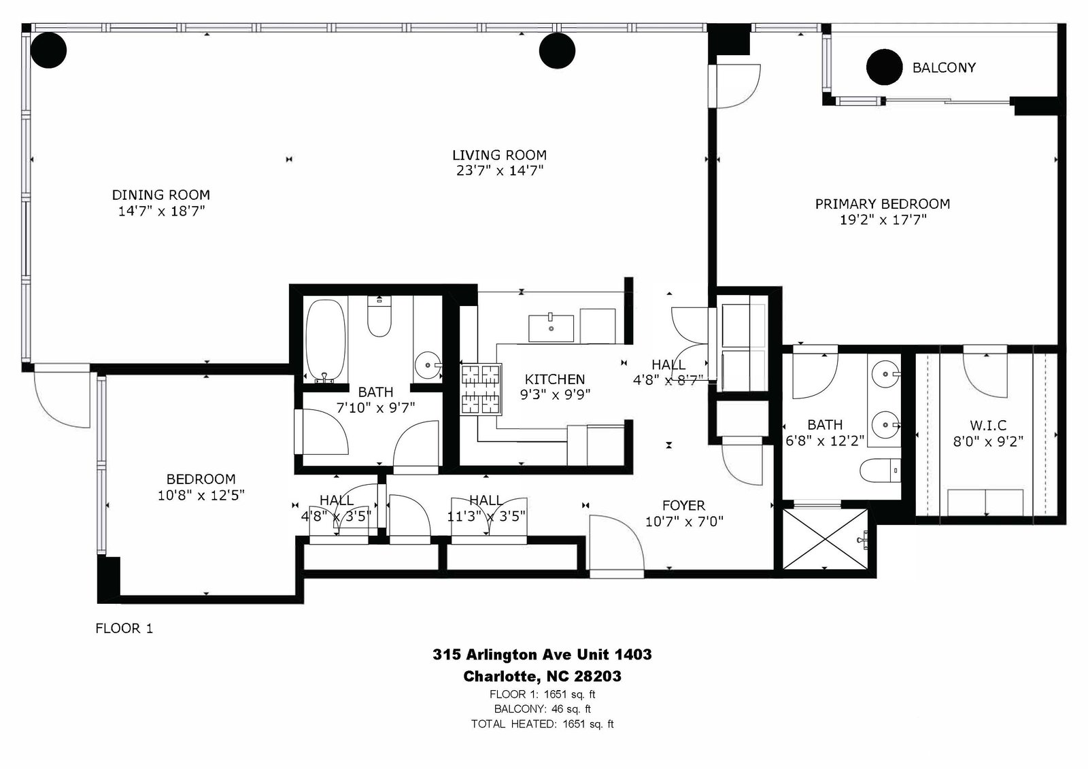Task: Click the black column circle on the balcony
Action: (x=884, y=67)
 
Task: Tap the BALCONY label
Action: (x=944, y=67)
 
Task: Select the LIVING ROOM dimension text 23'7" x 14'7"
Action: (x=499, y=171)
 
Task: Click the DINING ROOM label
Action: (x=160, y=195)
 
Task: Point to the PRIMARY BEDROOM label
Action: (x=882, y=203)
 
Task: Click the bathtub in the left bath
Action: (x=326, y=340)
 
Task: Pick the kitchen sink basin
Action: (x=551, y=328)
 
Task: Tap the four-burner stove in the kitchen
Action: (x=480, y=390)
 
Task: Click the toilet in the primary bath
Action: (x=880, y=471)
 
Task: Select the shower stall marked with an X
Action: (x=825, y=539)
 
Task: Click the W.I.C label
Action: (x=988, y=426)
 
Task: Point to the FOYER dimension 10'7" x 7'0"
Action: (x=684, y=522)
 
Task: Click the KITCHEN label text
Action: (x=555, y=379)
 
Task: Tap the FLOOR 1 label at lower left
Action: (x=124, y=628)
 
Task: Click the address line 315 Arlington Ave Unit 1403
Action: (x=542, y=654)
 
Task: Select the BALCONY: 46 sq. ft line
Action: (x=542, y=708)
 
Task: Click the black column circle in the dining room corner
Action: (x=48, y=50)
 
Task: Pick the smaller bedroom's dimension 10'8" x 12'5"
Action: (x=201, y=495)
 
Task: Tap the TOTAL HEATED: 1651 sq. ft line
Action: (x=542, y=724)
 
